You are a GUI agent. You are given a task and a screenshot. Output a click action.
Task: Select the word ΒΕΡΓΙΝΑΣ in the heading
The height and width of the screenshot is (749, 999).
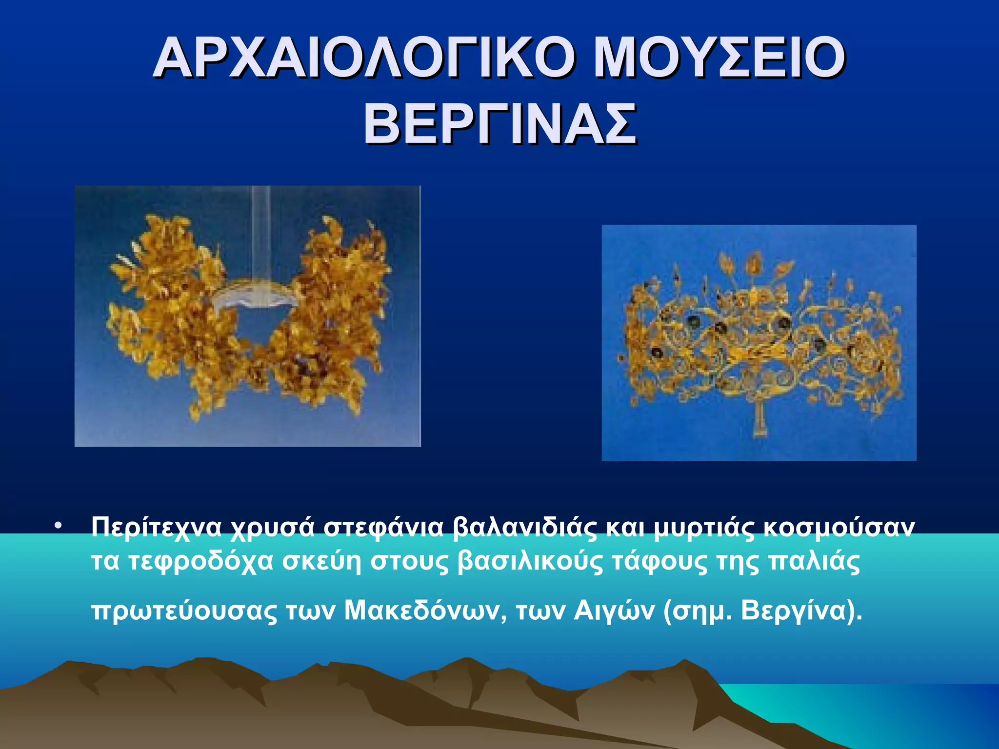[x=499, y=124]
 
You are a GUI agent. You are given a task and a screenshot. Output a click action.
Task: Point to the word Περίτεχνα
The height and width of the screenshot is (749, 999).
[x=156, y=527]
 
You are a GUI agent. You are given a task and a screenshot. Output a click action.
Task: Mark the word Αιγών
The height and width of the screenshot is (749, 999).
[x=614, y=610]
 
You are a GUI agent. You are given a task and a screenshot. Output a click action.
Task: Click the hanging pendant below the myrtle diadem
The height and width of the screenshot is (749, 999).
[x=759, y=419]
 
